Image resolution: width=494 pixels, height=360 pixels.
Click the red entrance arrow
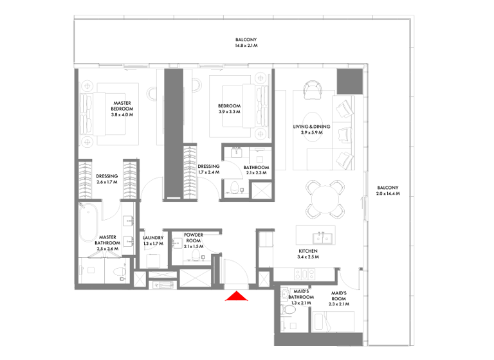237,296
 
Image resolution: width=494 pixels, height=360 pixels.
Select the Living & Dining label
311,127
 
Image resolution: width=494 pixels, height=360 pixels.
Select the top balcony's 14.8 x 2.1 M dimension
246,46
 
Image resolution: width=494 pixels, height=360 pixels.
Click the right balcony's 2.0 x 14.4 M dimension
388,194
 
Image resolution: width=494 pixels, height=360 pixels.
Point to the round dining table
325,199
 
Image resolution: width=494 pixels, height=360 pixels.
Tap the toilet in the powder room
194,257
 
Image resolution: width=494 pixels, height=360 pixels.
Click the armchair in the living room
313,91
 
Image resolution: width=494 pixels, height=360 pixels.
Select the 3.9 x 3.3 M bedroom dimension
229,112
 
